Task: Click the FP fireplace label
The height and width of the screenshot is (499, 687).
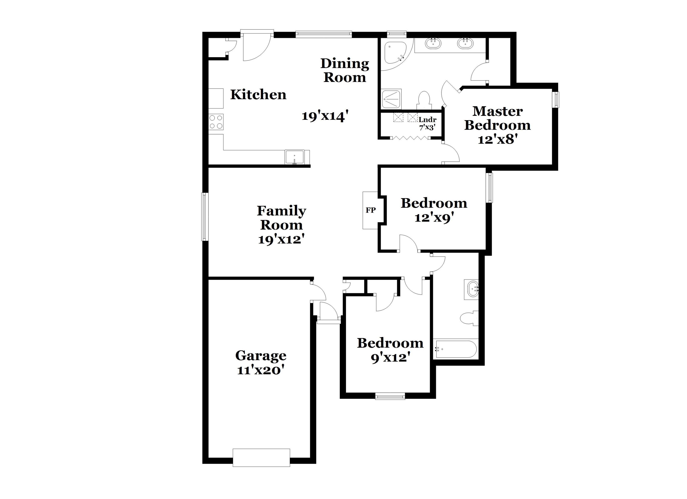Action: point(371,210)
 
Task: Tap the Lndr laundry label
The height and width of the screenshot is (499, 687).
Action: point(427,120)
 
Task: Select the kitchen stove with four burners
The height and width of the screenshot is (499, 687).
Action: point(216,122)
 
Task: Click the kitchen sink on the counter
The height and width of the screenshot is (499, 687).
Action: point(295,157)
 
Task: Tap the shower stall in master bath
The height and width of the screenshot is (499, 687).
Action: point(391,99)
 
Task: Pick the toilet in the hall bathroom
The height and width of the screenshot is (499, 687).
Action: point(469,318)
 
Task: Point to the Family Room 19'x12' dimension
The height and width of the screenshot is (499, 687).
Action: point(281,240)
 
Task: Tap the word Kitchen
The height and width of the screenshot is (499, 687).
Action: point(258,94)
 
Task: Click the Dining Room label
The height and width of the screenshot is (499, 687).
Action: point(345,70)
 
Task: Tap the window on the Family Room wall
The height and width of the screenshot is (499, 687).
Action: point(205,217)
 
